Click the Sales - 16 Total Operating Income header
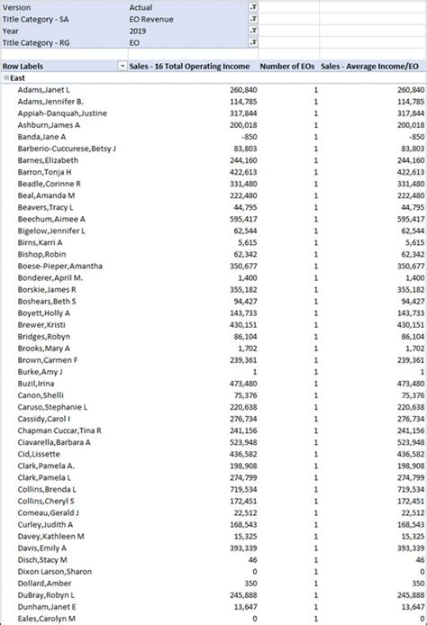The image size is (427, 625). click(x=189, y=66)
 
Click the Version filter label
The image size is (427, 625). click(x=17, y=6)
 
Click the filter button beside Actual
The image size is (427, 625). click(x=253, y=6)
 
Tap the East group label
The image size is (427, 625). click(x=18, y=78)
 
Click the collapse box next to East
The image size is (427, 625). click(x=5, y=78)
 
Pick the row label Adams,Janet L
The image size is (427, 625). click(x=43, y=90)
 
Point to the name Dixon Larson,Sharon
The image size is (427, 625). click(x=54, y=571)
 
